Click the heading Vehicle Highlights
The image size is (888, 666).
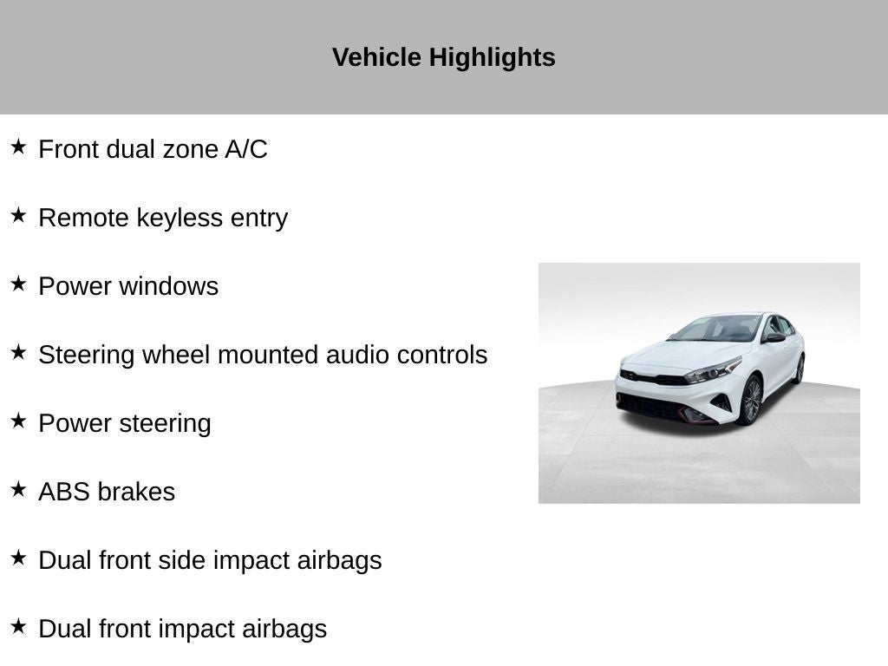443,57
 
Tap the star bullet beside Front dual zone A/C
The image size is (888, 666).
18,147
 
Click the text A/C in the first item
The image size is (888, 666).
245,149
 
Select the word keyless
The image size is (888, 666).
180,218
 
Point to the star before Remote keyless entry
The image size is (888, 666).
18,215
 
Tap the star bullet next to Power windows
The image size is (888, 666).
18,284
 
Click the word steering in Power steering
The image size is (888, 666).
165,423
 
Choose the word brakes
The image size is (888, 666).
136,492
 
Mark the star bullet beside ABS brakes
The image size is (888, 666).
18,489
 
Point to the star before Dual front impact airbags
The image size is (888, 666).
18,626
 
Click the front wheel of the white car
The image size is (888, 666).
750,400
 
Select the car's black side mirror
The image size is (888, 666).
774,338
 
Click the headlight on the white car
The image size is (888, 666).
713,370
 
